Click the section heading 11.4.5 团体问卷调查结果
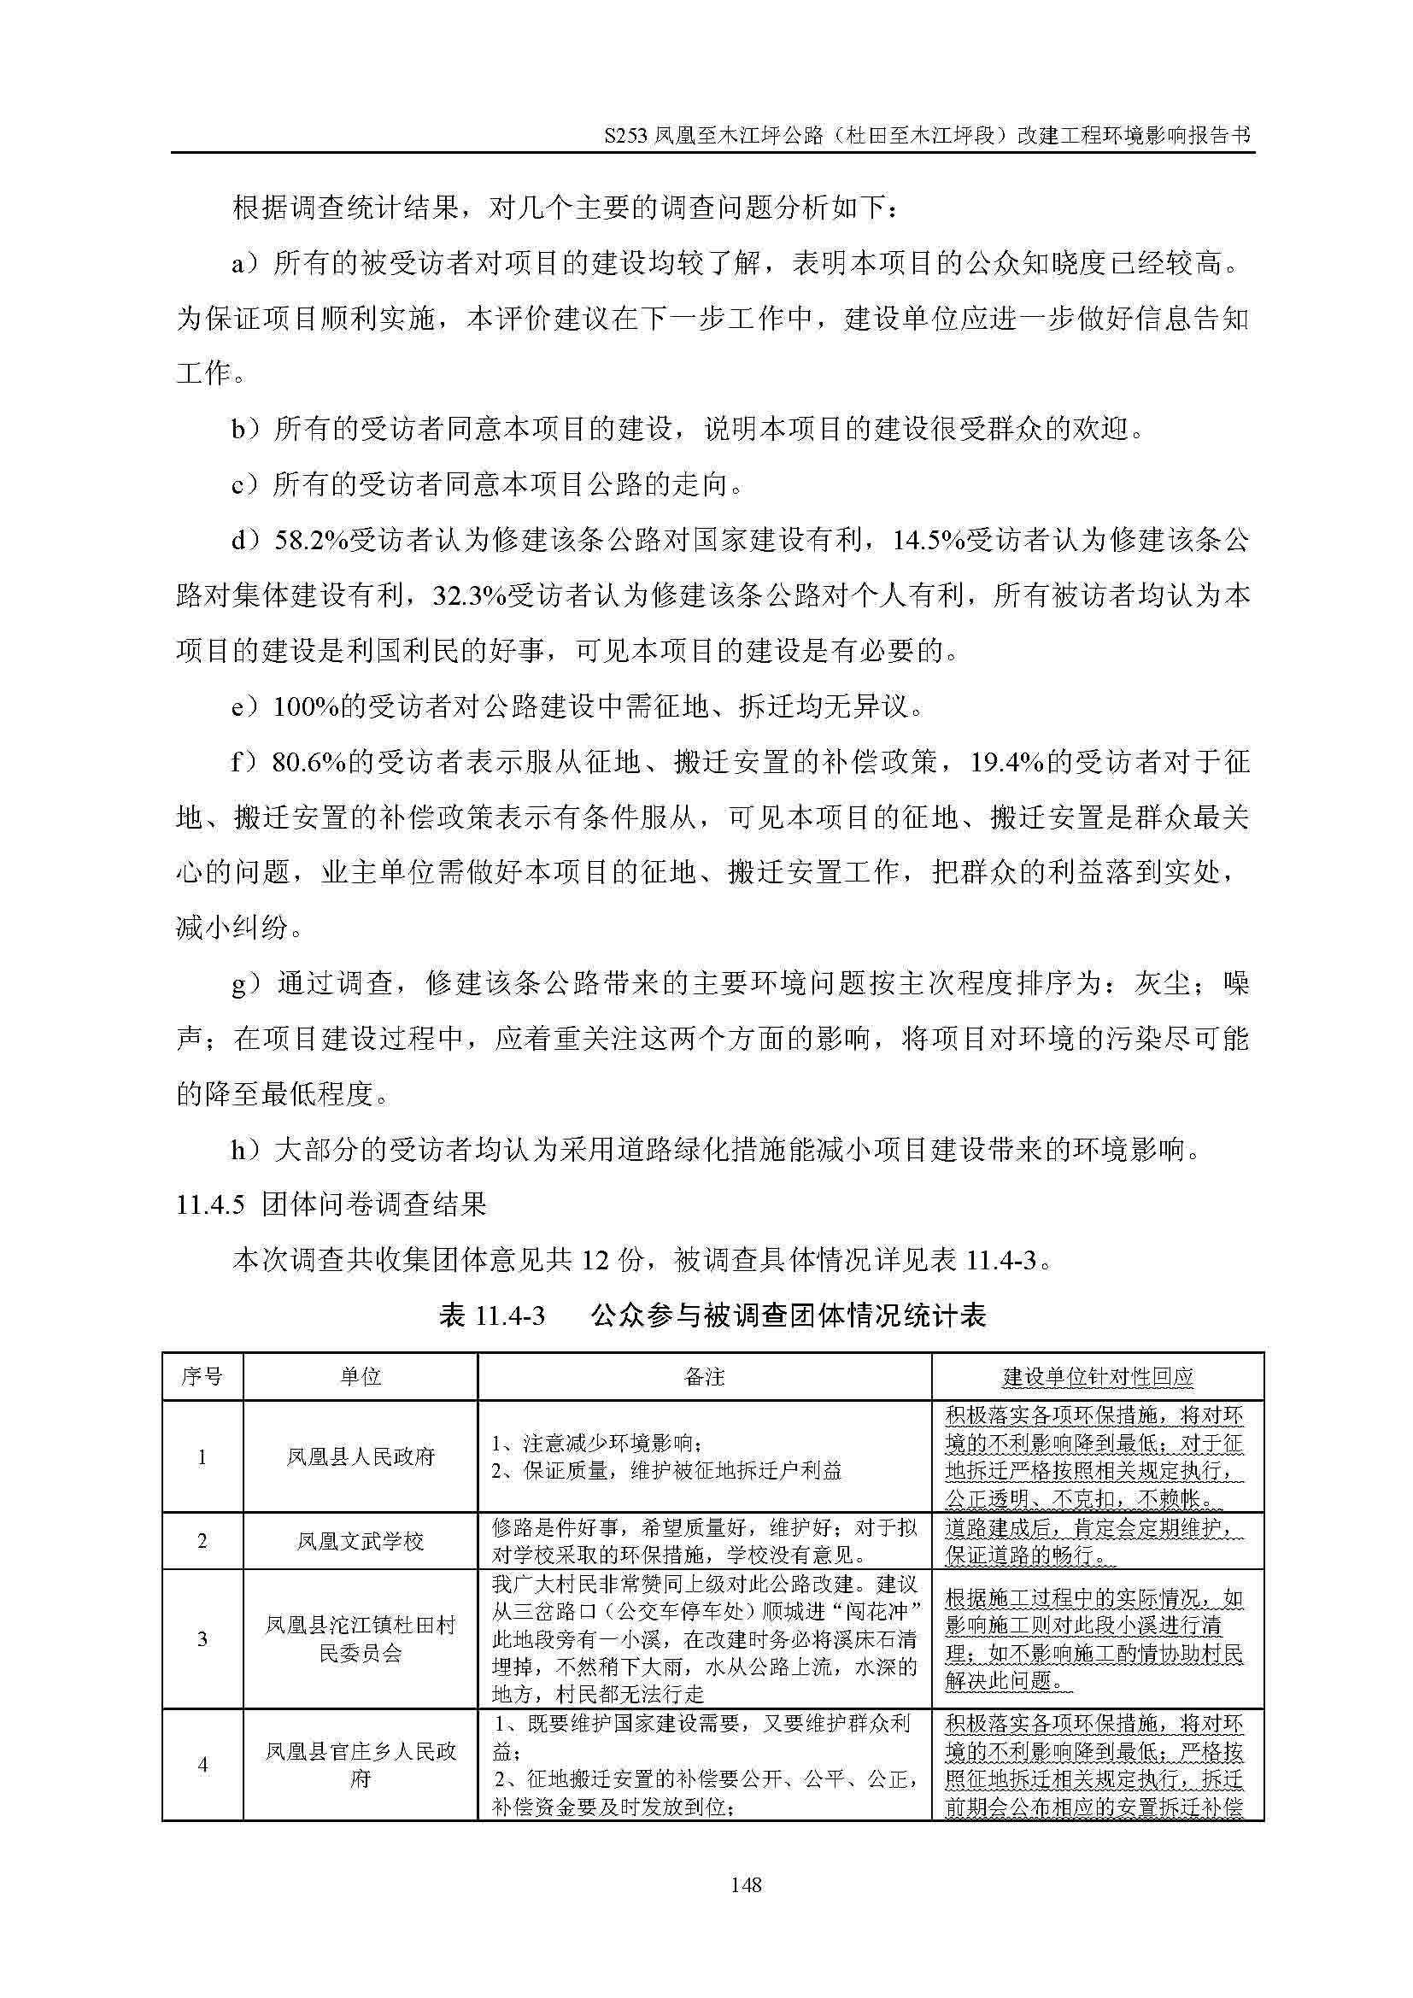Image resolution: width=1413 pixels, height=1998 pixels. [331, 1205]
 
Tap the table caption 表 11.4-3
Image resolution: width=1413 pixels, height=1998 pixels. [492, 1315]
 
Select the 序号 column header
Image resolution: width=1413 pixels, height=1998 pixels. [202, 1377]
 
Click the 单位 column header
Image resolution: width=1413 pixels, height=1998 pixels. [361, 1377]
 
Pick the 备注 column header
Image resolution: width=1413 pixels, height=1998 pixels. [704, 1377]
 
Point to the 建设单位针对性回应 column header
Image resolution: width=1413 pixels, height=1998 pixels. [1097, 1377]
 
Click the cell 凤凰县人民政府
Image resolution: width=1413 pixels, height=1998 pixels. [361, 1456]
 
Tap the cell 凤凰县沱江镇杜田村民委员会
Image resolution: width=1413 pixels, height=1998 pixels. [361, 1639]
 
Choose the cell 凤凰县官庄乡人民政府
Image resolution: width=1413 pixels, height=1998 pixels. [361, 1765]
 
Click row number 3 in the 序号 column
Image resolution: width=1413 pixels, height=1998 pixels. [202, 1639]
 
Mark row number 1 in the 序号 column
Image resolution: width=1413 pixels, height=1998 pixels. [202, 1456]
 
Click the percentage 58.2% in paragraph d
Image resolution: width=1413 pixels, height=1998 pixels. [312, 542]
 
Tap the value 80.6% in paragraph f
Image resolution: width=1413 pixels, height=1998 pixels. [310, 763]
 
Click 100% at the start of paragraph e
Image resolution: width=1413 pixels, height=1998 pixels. [304, 707]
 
